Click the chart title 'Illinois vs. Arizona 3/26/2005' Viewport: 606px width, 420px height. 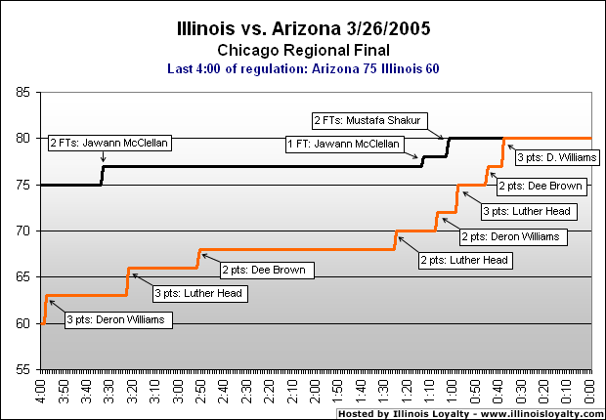tap(302, 28)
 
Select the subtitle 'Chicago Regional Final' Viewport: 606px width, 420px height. tap(302, 49)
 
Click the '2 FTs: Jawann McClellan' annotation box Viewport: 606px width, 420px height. tap(109, 143)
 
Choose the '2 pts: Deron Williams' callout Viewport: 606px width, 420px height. tap(512, 235)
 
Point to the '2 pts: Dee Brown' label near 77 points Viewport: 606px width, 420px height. tap(541, 185)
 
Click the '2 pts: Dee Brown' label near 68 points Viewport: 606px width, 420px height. tap(263, 270)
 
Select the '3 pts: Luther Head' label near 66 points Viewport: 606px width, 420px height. tap(198, 292)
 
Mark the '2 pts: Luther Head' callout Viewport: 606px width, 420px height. tap(464, 260)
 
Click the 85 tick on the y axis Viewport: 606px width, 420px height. tap(22, 93)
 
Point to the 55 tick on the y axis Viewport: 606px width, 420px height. tap(22, 370)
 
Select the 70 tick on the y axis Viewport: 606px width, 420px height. tap(22, 231)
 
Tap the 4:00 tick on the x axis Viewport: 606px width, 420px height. tap(40, 391)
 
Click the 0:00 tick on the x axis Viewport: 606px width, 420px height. tap(590, 391)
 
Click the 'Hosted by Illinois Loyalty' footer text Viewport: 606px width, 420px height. tap(468, 413)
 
